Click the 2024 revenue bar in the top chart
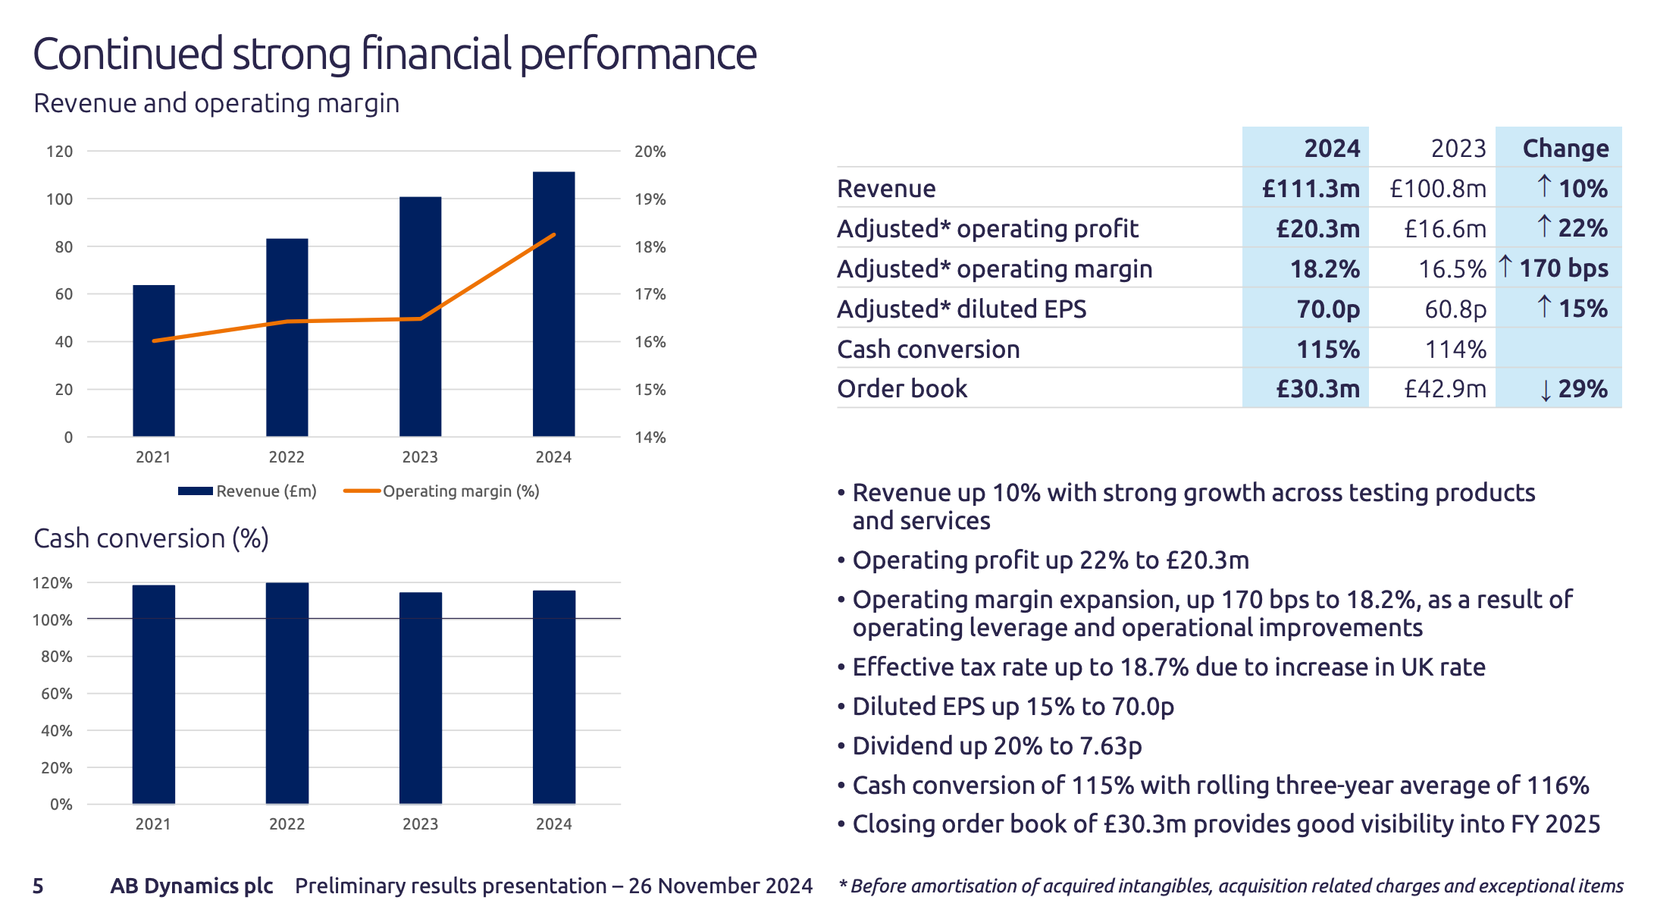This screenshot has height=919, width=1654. pyautogui.click(x=553, y=303)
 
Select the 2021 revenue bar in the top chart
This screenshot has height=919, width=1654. pyautogui.click(x=153, y=361)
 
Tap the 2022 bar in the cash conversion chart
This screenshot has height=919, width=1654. pyautogui.click(x=287, y=693)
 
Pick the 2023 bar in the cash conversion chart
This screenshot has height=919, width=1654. pyautogui.click(x=421, y=698)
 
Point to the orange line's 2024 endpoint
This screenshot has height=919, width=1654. pyautogui.click(x=555, y=235)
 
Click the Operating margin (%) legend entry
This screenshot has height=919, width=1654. pyautogui.click(x=442, y=491)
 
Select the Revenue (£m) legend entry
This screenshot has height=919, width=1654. pyautogui.click(x=248, y=491)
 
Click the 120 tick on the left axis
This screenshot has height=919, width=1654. pyautogui.click(x=60, y=152)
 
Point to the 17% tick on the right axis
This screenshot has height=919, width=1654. pyautogui.click(x=650, y=294)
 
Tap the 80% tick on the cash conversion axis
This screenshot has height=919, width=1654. pyautogui.click(x=57, y=657)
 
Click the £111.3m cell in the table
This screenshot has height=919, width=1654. pyautogui.click(x=1311, y=189)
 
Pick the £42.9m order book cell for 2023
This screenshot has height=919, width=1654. pyautogui.click(x=1445, y=389)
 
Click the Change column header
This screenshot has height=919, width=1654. pyautogui.click(x=1565, y=149)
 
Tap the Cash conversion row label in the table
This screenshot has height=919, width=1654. pyautogui.click(x=928, y=350)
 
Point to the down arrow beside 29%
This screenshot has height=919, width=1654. pyautogui.click(x=1546, y=390)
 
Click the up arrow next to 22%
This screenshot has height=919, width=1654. pyautogui.click(x=1544, y=227)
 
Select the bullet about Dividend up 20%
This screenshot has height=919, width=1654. pyautogui.click(x=997, y=746)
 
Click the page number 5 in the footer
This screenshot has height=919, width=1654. pyautogui.click(x=38, y=886)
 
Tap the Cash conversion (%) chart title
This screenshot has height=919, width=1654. pyautogui.click(x=151, y=538)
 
